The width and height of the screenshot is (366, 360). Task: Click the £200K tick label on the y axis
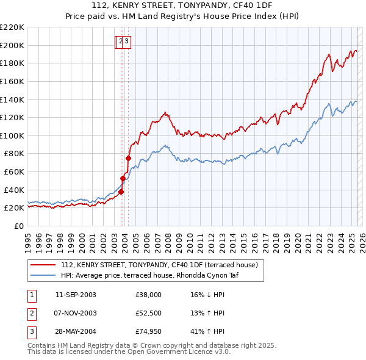12,45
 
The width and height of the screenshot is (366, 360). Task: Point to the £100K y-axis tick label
12,135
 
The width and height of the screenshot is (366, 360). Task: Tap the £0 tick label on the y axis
18,226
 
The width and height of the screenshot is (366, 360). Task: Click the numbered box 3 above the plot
127,41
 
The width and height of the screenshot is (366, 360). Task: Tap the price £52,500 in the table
148,314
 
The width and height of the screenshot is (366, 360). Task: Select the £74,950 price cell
148,333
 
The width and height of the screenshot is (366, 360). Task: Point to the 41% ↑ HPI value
207,333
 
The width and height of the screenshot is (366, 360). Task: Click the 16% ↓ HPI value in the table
207,295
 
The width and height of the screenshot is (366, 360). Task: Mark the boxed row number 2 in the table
30,314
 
